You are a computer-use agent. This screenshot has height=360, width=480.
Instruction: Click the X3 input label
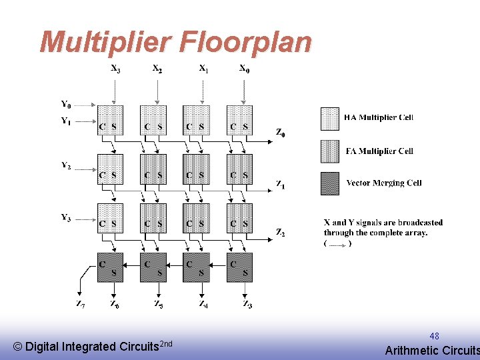(116, 68)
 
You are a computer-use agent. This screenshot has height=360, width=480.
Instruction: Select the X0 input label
(245, 68)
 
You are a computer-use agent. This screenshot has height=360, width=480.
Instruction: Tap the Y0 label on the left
(66, 105)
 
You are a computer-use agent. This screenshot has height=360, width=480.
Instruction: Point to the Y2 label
(66, 166)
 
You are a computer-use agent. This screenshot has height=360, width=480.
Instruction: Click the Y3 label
(66, 217)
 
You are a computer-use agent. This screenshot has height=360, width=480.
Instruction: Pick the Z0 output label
(281, 132)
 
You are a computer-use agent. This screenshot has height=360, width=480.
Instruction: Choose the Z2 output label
(281, 232)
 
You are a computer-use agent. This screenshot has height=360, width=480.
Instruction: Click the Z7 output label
(80, 304)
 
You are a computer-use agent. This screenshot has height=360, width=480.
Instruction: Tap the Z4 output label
(203, 304)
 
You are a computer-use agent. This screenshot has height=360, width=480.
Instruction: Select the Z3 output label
(247, 304)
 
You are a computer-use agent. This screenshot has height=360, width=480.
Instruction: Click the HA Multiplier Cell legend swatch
(330, 118)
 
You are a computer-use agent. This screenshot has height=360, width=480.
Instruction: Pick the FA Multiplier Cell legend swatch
(330, 151)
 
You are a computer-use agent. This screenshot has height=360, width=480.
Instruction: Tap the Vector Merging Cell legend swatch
(330, 183)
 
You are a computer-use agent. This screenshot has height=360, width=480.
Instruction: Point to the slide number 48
(434, 336)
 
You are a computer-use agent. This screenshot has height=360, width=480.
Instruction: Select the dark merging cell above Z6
(110, 267)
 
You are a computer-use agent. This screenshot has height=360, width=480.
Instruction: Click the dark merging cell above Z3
(239, 267)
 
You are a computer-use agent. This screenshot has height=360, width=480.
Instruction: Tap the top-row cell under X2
(153, 120)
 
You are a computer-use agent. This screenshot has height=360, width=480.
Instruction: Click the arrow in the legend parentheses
(338, 244)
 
